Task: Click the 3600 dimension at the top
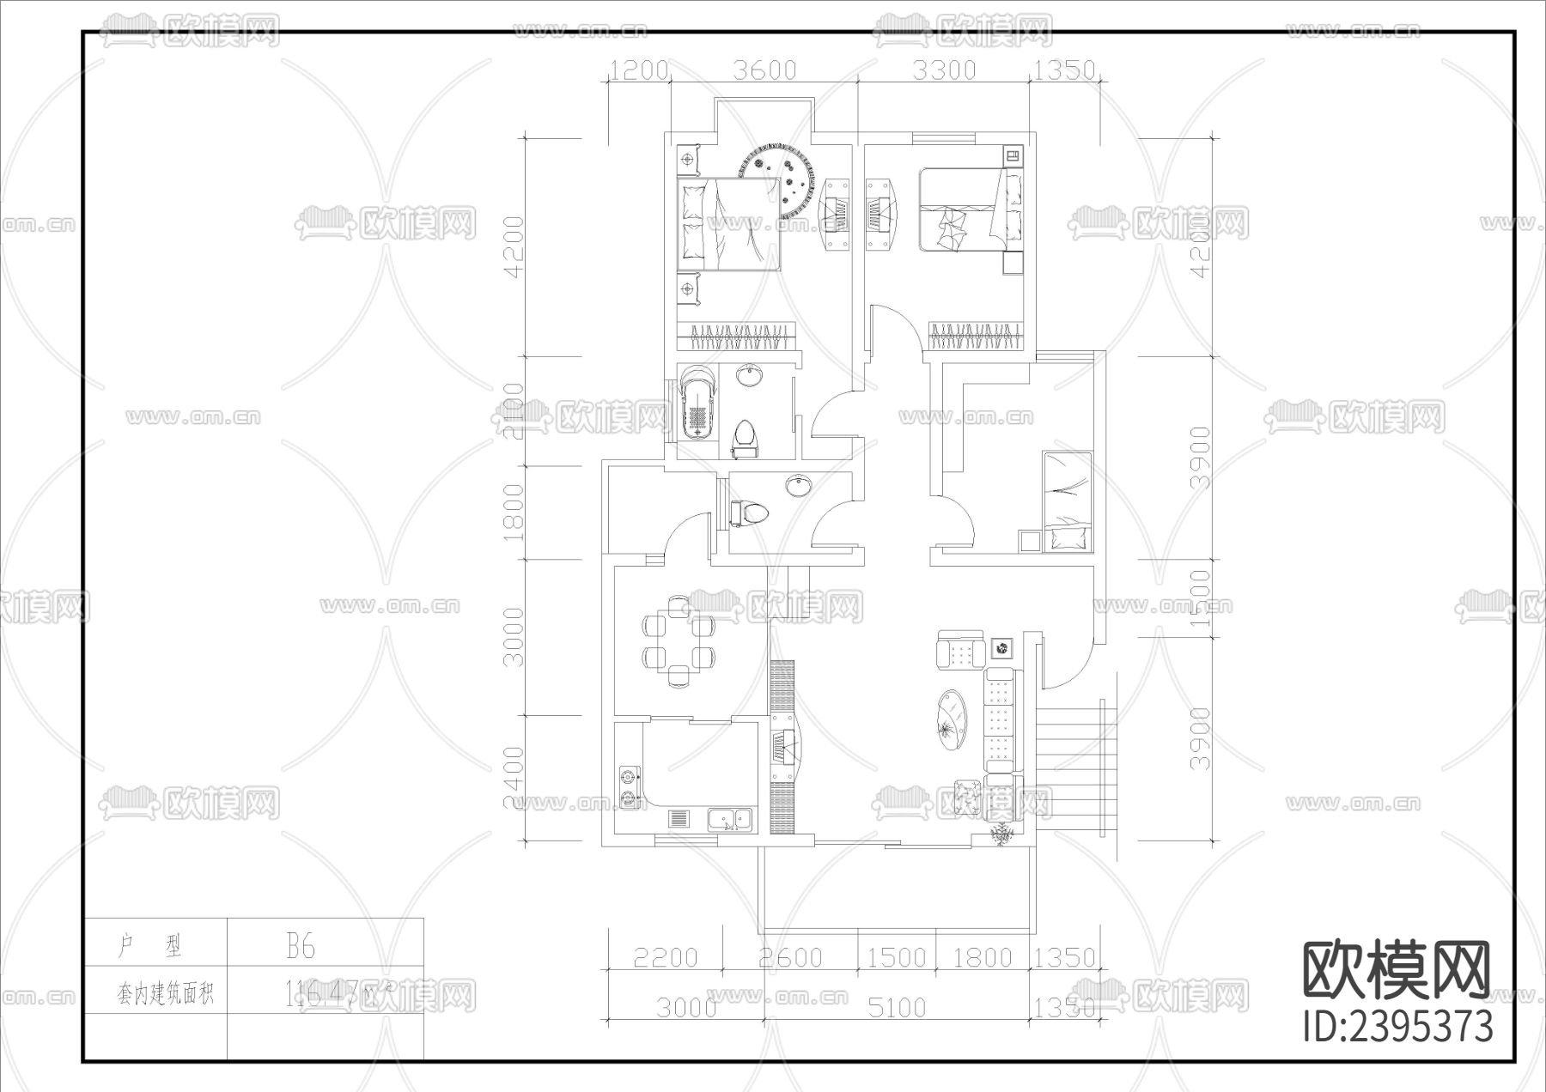pyautogui.click(x=764, y=70)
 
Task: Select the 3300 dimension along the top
pyautogui.click(x=944, y=70)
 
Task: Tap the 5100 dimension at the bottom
pyautogui.click(x=896, y=1007)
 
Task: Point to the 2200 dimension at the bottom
pyautogui.click(x=665, y=957)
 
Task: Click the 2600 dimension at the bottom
pyautogui.click(x=790, y=957)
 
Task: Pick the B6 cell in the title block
pyautogui.click(x=301, y=946)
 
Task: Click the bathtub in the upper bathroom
pyautogui.click(x=697, y=404)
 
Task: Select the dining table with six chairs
pyautogui.click(x=679, y=641)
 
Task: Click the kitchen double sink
pyautogui.click(x=730, y=820)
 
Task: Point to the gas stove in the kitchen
pyautogui.click(x=630, y=789)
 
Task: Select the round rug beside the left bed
pyautogui.click(x=776, y=182)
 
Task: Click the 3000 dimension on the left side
pyautogui.click(x=513, y=637)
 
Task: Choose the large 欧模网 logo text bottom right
pyautogui.click(x=1397, y=971)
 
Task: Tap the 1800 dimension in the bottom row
pyautogui.click(x=983, y=957)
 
